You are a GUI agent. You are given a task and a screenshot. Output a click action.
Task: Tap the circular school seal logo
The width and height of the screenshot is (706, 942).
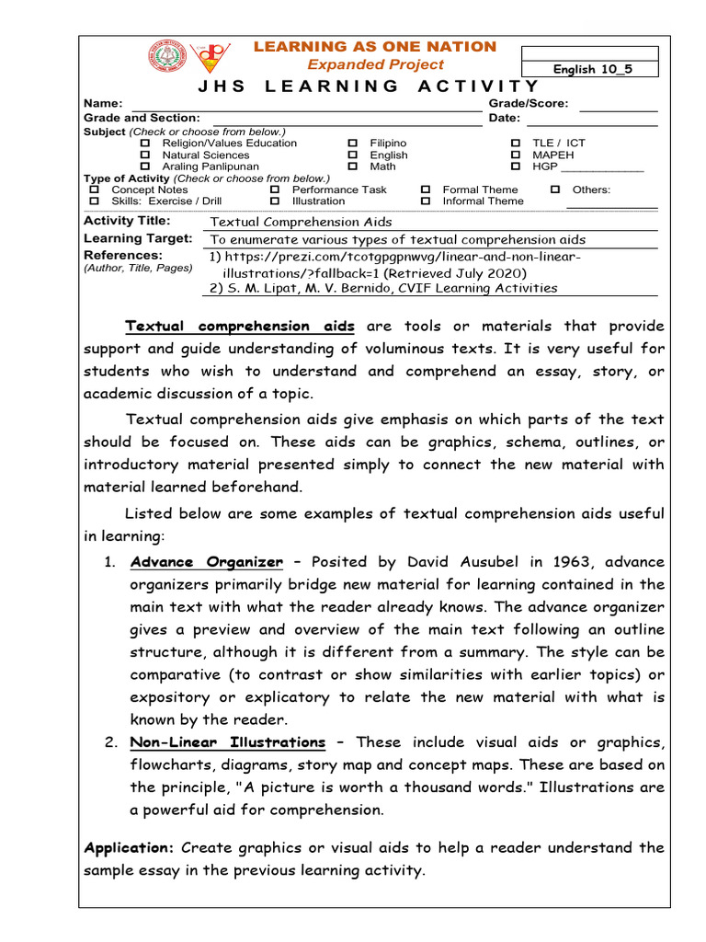(x=166, y=57)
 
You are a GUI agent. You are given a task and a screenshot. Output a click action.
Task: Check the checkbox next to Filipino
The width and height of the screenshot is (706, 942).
(x=353, y=144)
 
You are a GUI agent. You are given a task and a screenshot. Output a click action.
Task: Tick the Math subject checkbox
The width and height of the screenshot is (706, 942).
(x=353, y=167)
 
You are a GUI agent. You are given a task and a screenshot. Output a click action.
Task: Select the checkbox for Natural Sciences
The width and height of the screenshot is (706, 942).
(x=144, y=155)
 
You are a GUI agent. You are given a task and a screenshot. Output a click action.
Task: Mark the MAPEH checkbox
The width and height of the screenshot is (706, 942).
(x=515, y=155)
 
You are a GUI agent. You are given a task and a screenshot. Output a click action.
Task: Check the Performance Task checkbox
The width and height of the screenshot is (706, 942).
(x=275, y=190)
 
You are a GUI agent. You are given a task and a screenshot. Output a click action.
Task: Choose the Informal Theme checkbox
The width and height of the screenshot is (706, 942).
(x=426, y=201)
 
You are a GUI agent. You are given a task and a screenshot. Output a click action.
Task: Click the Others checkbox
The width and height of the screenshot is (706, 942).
(x=555, y=190)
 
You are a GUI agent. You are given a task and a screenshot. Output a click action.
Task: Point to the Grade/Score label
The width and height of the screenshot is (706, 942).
(x=528, y=104)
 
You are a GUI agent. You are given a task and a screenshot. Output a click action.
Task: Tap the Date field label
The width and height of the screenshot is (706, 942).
(x=505, y=118)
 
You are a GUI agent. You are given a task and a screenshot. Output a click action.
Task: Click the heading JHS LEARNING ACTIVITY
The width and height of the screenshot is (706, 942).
(x=369, y=86)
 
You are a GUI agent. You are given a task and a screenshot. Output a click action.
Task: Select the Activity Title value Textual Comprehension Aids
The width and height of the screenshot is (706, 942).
(x=302, y=222)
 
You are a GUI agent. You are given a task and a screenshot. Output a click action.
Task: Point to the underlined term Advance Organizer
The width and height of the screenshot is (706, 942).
(x=207, y=562)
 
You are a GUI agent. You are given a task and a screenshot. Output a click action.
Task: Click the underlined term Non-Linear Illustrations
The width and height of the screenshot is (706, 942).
(x=228, y=742)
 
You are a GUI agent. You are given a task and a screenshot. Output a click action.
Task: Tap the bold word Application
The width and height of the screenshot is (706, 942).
(x=128, y=847)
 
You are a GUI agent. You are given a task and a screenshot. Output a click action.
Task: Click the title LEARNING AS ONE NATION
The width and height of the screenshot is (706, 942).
(x=374, y=47)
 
